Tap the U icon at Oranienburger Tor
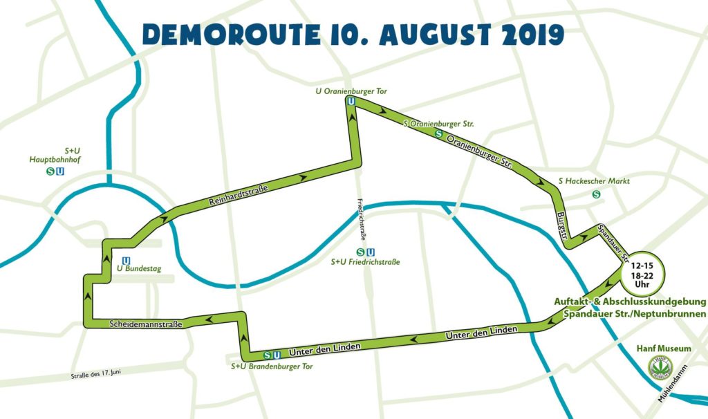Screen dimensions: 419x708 click(x=351, y=101)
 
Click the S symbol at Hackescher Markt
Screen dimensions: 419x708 click(x=596, y=194)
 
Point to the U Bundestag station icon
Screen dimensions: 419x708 click(x=126, y=259)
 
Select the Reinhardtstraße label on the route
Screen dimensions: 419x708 click(x=239, y=193)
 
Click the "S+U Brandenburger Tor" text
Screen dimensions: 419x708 click(x=272, y=366)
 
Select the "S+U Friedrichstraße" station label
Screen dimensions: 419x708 click(x=365, y=262)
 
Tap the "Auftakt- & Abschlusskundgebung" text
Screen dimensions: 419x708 click(x=629, y=302)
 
